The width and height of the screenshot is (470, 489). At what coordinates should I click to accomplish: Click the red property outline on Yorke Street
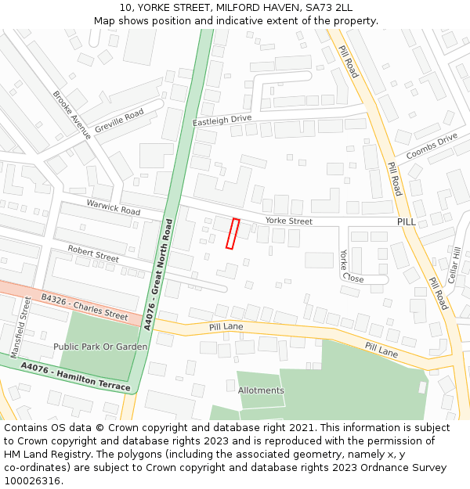[x=232, y=233]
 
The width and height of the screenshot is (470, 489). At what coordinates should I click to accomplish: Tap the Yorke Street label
[x=288, y=221]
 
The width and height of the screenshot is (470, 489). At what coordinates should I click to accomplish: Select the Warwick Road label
[x=113, y=207]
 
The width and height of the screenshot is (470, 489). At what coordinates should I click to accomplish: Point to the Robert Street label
[x=93, y=253]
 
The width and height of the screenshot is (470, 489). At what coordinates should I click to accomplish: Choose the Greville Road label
[x=119, y=120]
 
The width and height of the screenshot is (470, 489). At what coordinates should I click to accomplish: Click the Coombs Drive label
[x=432, y=145]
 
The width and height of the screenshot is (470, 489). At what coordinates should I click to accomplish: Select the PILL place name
[x=407, y=222]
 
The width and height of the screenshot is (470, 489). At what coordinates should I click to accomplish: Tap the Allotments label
[x=261, y=390]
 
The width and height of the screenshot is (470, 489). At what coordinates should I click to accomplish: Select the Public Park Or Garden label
[x=100, y=347]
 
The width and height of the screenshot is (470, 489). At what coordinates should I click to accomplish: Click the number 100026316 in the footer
[x=33, y=481]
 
